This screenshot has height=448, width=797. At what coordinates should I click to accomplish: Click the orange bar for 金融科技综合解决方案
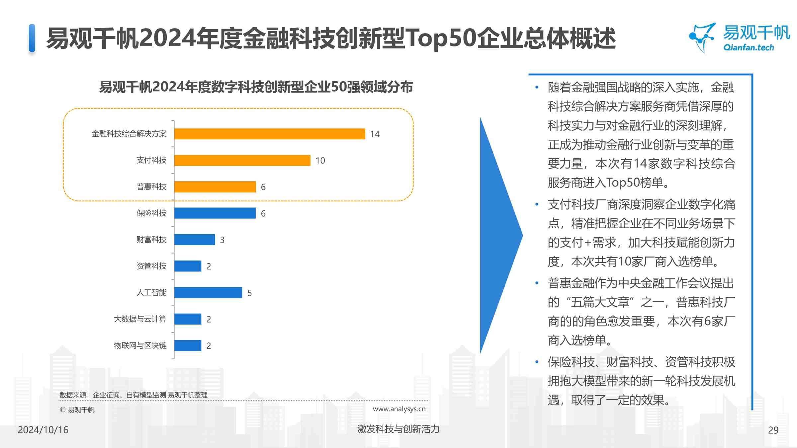[269, 134]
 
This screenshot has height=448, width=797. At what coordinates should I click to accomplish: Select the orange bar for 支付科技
[242, 160]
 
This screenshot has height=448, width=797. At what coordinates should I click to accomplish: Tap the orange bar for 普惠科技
[215, 187]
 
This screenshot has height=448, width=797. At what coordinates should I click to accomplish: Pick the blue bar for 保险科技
[215, 213]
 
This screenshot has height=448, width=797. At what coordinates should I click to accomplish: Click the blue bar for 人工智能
[208, 293]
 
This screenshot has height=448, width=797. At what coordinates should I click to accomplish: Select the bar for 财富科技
[195, 240]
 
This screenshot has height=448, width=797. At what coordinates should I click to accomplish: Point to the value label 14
[375, 134]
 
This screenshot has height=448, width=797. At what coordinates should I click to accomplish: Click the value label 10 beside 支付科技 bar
[320, 161]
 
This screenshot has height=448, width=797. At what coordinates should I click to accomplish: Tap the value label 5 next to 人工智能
[249, 293]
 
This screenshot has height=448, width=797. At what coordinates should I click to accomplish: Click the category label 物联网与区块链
[140, 345]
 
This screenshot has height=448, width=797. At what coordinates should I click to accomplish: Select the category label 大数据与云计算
[140, 319]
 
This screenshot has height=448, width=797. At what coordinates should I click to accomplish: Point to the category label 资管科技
[151, 266]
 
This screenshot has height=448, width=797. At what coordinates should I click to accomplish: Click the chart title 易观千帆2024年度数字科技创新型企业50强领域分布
[256, 87]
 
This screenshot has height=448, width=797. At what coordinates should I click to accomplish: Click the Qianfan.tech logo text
[749, 47]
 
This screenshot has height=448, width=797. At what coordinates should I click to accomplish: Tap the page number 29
[773, 430]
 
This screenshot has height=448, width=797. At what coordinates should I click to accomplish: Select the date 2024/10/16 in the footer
[43, 430]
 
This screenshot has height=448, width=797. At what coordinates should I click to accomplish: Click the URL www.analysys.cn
[399, 409]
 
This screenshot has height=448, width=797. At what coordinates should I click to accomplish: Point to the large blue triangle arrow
[498, 236]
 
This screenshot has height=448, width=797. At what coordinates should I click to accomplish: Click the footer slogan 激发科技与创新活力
[398, 429]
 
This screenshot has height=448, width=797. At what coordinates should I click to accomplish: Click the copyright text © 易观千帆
[77, 410]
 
